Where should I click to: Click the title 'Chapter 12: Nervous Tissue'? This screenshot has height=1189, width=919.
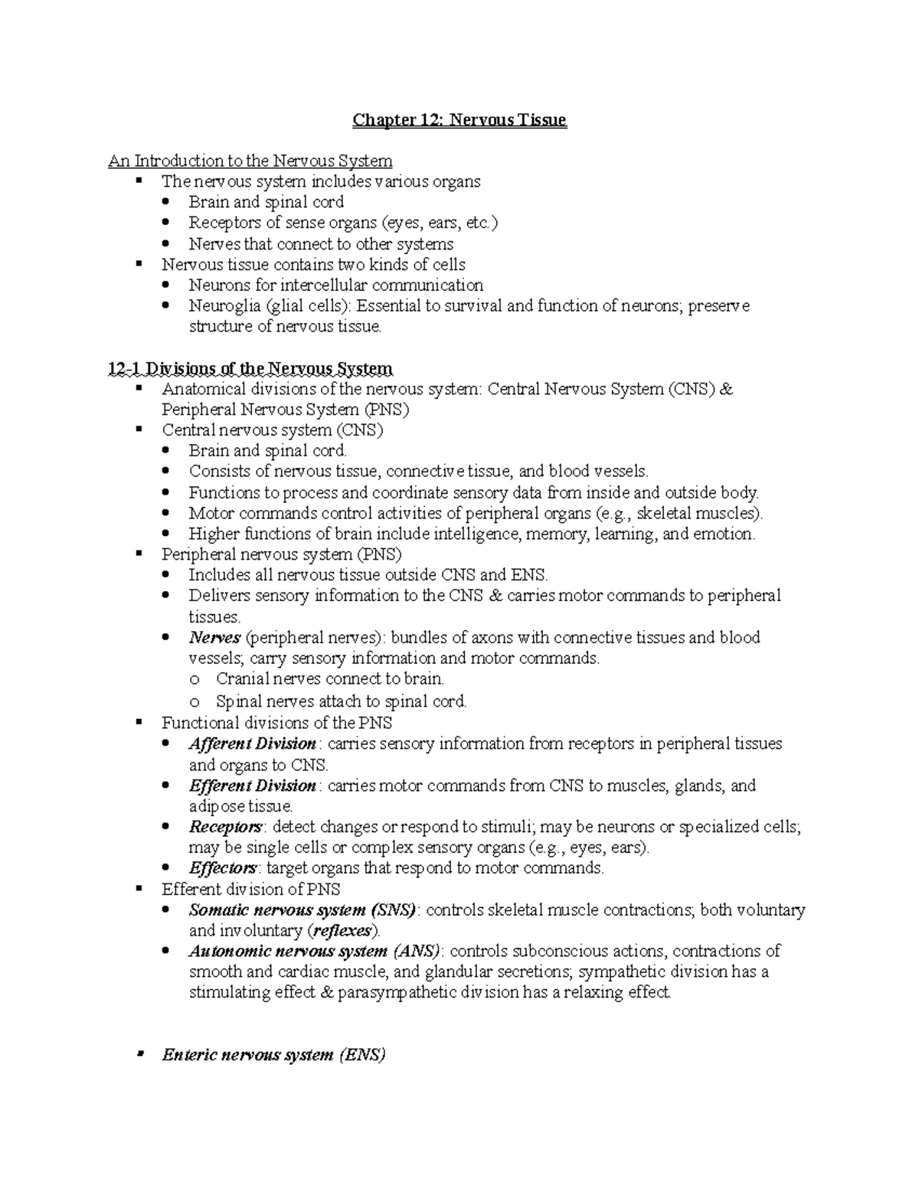click(x=459, y=120)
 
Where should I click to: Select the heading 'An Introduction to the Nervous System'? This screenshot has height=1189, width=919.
click(x=250, y=161)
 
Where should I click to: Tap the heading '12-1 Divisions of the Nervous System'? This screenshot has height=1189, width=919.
click(x=250, y=370)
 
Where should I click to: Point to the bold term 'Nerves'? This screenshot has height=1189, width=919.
click(x=214, y=638)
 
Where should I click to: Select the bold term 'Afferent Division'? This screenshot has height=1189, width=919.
click(x=252, y=743)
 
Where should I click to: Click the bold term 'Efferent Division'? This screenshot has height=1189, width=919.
click(x=252, y=786)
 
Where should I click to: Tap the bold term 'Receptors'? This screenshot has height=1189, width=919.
click(x=225, y=827)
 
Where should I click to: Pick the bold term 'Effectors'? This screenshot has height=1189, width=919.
click(x=222, y=868)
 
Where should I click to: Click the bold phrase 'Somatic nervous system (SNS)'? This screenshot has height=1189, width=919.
click(x=303, y=910)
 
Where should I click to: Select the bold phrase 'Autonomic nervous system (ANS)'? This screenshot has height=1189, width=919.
click(x=315, y=952)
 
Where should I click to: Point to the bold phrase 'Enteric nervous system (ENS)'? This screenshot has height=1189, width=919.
click(x=273, y=1055)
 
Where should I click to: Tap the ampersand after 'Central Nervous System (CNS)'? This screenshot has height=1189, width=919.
click(x=727, y=390)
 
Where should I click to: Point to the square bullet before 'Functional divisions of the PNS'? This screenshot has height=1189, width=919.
click(x=139, y=722)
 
